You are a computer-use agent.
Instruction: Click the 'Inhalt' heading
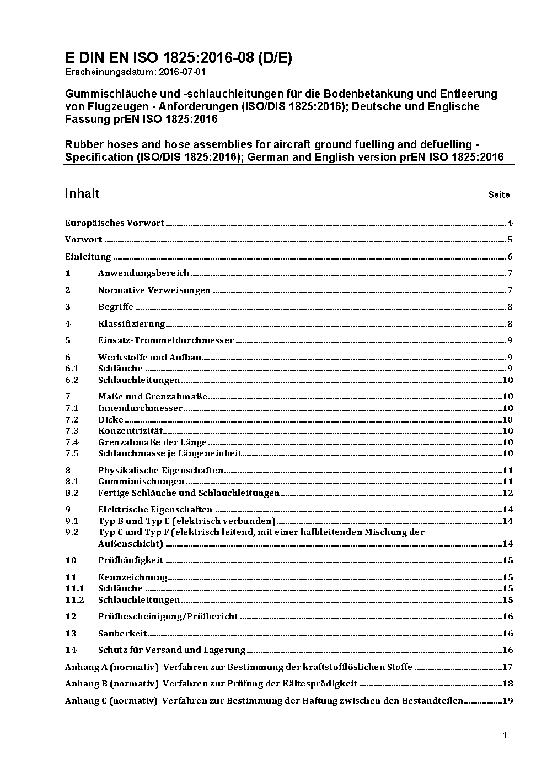point(82,193)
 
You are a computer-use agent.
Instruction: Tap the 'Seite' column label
point(498,194)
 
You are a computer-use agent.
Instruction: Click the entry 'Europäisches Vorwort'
point(115,223)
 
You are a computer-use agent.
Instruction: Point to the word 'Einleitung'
point(88,257)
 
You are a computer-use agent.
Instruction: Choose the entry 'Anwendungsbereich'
point(143,273)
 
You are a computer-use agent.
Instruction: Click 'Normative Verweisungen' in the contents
point(154,290)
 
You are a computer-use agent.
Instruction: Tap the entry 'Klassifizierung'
point(131,324)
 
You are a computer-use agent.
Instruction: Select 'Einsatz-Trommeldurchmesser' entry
point(166,340)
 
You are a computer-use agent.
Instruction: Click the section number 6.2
point(72,380)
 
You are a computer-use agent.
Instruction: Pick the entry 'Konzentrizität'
point(130,431)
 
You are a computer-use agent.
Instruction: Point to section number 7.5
point(72,453)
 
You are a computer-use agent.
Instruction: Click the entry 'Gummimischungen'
point(141,482)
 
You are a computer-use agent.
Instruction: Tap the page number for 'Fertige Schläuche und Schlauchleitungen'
point(507,493)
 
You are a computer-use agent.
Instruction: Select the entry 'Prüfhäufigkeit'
point(130,560)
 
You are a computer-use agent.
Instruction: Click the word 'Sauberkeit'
point(122,634)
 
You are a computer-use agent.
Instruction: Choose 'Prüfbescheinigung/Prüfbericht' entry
point(168,617)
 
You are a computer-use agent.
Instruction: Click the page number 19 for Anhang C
point(507,701)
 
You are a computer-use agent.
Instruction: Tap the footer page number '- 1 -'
point(505,735)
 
